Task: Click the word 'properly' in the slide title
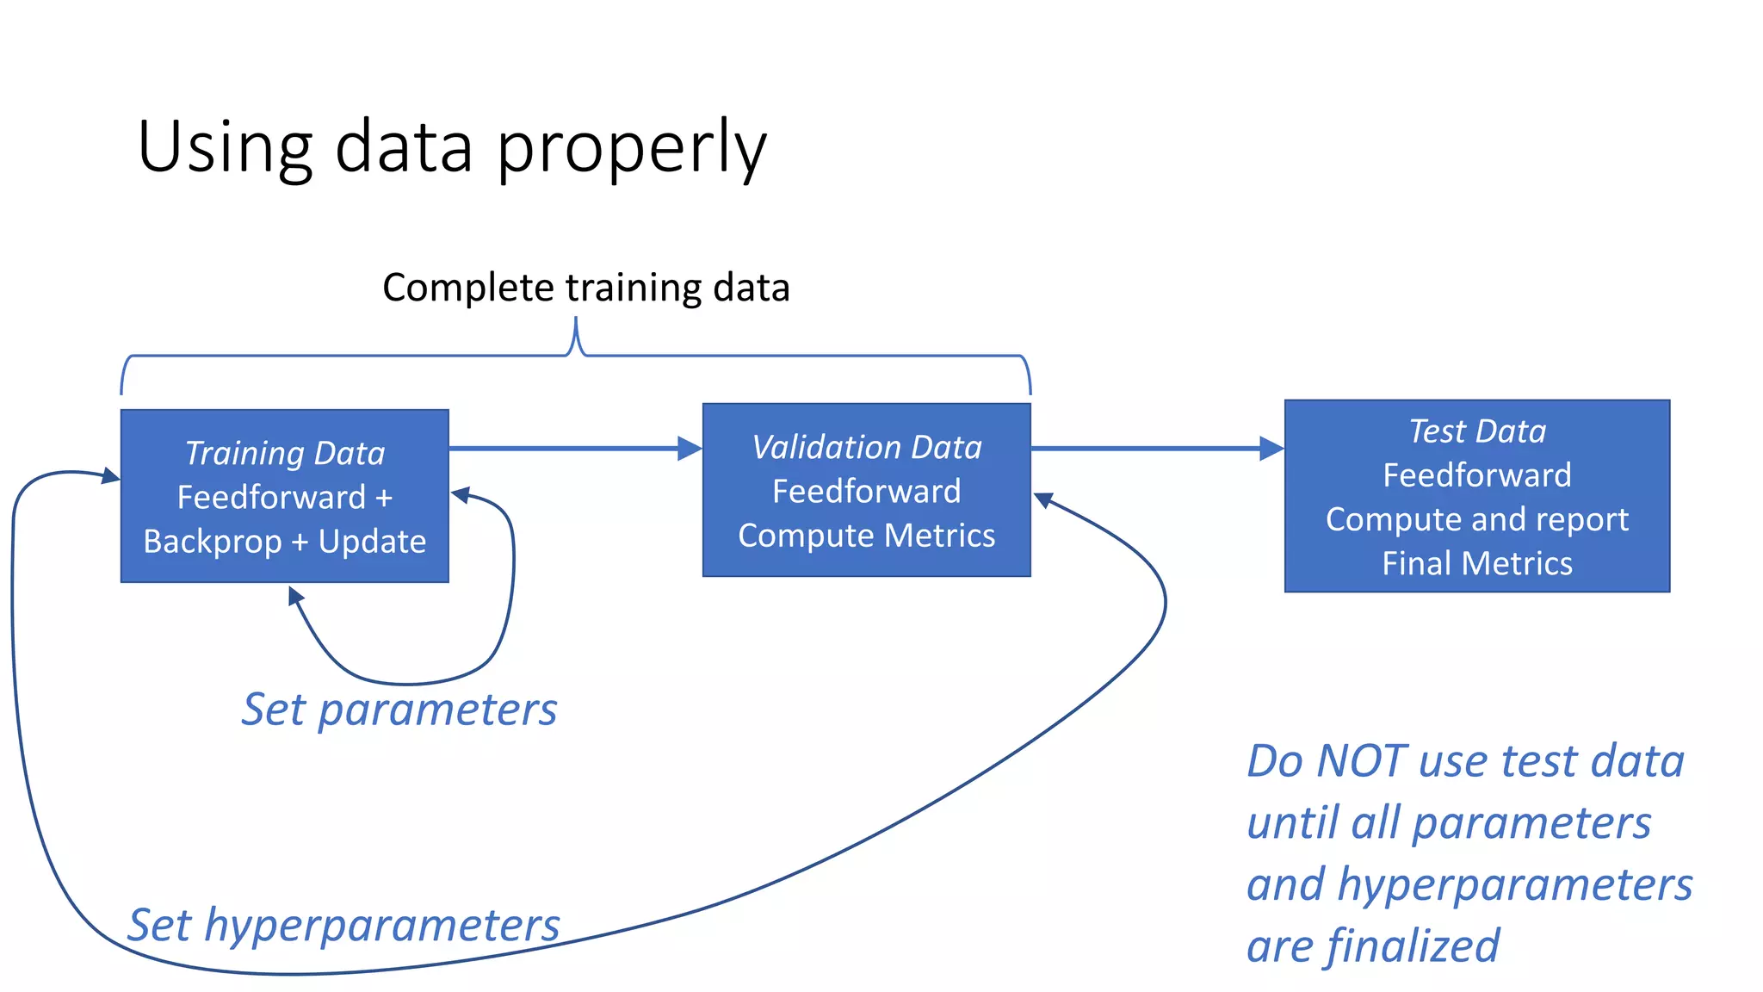click(x=631, y=148)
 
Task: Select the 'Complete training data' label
click(x=585, y=288)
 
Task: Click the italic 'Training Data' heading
click(x=285, y=453)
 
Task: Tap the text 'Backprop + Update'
click(x=285, y=542)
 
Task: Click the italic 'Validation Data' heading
click(x=867, y=447)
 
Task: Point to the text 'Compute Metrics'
click(x=867, y=536)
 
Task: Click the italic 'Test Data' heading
click(x=1477, y=431)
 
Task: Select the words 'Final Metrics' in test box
click(x=1477, y=563)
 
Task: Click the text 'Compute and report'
click(x=1477, y=519)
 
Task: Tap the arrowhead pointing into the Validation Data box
click(x=690, y=449)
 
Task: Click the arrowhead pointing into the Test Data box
click(x=1272, y=449)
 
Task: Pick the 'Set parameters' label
click(x=399, y=710)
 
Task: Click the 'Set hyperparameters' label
click(x=343, y=925)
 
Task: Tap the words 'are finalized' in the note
click(x=1373, y=945)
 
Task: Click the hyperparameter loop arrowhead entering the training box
click(x=110, y=475)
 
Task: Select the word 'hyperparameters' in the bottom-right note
click(x=1515, y=884)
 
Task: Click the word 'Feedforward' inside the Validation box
click(x=867, y=491)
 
